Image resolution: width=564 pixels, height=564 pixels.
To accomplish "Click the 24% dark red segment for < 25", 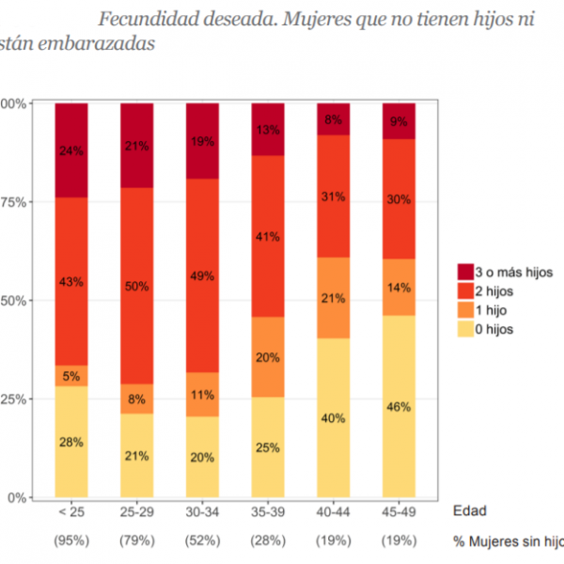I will (x=71, y=150).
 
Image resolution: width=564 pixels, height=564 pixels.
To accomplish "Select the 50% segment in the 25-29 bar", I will (x=136, y=286).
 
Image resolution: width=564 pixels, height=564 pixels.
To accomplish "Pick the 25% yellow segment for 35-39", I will (x=267, y=447).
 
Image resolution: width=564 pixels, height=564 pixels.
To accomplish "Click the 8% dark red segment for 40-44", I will (x=333, y=119).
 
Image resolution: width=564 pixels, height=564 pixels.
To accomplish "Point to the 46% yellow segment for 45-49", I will (x=399, y=406).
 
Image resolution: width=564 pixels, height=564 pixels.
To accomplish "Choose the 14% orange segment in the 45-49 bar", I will (x=399, y=287).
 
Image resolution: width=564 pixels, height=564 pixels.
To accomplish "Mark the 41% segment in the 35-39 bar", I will (x=267, y=236).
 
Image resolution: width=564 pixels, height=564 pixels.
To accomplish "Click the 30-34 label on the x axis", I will (x=202, y=512).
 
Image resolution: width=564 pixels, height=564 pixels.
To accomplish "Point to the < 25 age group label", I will (x=71, y=512).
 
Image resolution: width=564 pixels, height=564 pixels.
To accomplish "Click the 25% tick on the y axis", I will (x=10, y=399).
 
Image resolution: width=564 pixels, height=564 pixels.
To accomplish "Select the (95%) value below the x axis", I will (x=71, y=541).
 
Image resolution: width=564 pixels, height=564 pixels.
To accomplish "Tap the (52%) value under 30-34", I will (x=202, y=541).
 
